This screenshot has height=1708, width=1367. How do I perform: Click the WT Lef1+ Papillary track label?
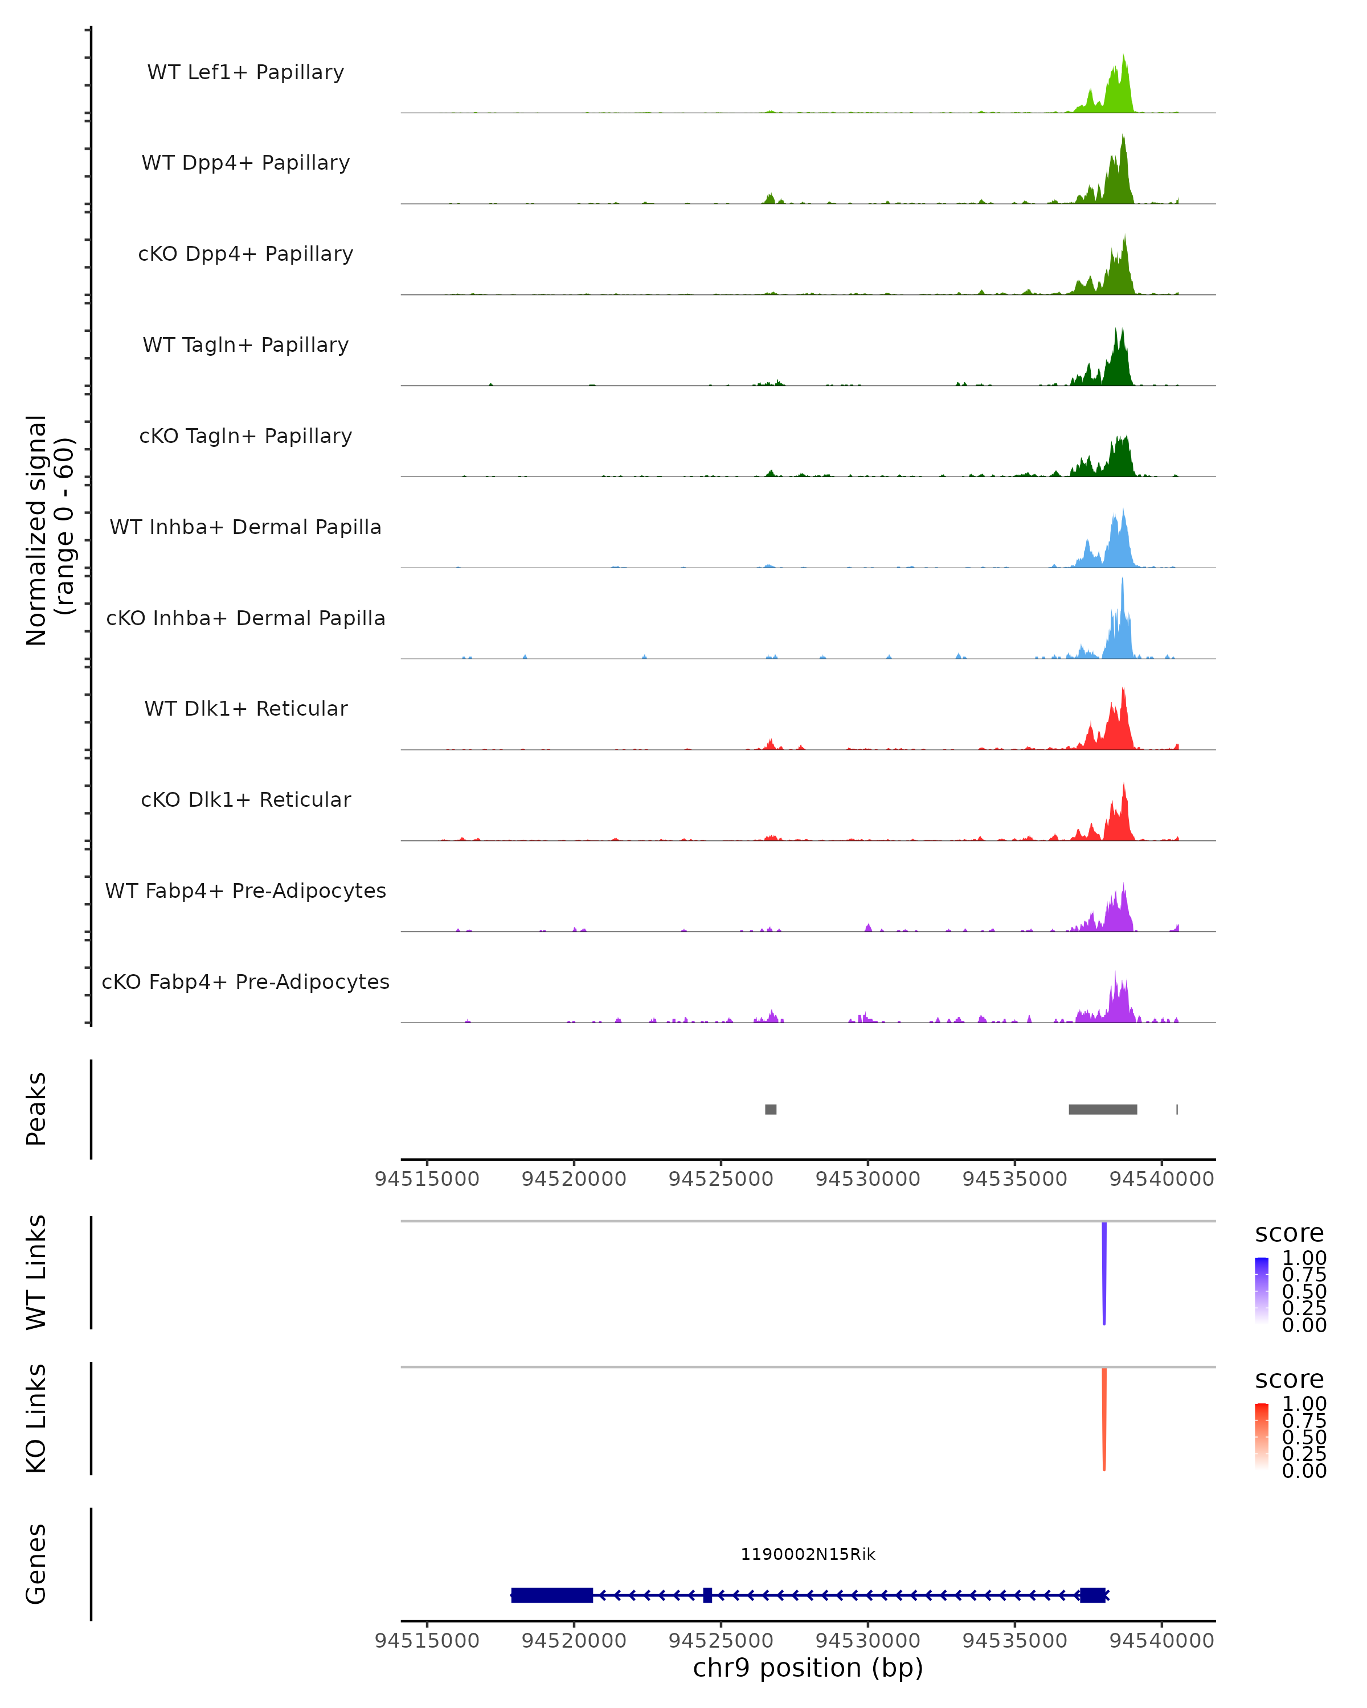[245, 72]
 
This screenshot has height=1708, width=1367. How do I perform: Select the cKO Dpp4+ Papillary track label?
[245, 254]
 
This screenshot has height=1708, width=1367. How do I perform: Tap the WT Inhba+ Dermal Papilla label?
[245, 528]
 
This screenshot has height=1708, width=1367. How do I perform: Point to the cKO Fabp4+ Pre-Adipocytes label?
[245, 982]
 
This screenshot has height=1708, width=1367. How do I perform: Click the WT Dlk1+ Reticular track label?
[245, 709]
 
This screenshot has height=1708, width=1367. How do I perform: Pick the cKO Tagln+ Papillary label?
[245, 437]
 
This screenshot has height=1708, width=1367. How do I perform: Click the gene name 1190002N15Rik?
[808, 1554]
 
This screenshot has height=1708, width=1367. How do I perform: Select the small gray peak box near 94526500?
[770, 1110]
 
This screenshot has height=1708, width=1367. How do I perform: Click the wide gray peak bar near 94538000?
[1102, 1110]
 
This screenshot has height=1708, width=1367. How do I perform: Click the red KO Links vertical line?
[1104, 1419]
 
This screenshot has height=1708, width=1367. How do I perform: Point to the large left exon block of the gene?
[551, 1595]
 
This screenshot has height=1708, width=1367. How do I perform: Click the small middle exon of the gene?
[707, 1595]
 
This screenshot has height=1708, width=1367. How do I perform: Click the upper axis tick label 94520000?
[574, 1179]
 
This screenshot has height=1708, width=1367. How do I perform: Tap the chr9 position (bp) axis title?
[808, 1668]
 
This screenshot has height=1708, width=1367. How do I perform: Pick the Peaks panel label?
[36, 1109]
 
